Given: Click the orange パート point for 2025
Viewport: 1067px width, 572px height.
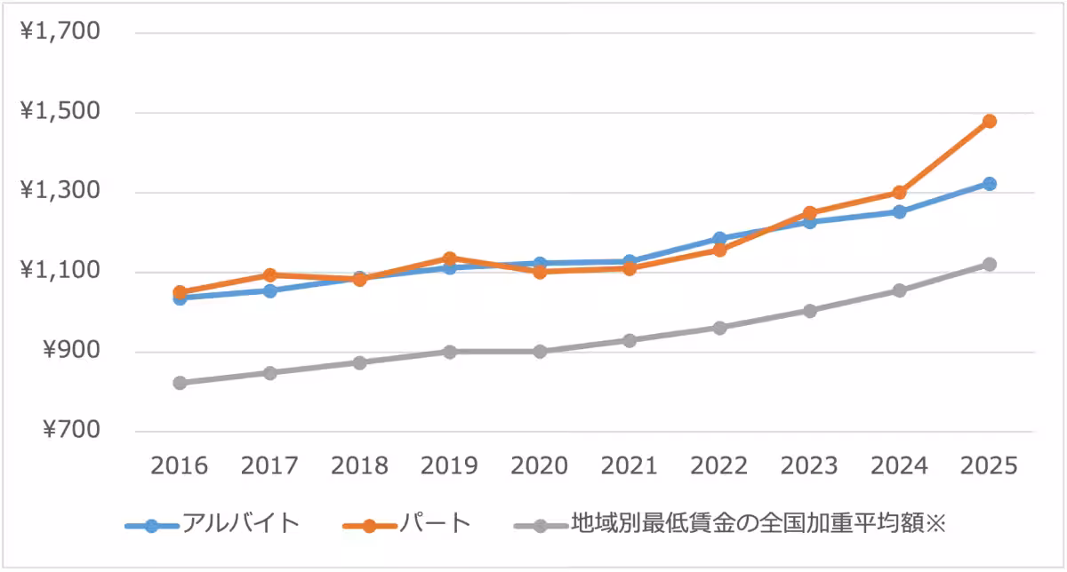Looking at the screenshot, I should tap(989, 121).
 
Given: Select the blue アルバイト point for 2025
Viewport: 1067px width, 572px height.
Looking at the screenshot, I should tap(989, 184).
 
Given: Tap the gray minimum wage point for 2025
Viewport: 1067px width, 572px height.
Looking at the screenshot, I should tap(989, 265).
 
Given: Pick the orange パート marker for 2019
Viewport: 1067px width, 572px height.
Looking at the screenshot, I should tap(450, 258).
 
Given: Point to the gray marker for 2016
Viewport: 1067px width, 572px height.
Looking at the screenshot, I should tap(180, 383).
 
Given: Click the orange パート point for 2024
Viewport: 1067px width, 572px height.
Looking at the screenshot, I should tap(899, 192).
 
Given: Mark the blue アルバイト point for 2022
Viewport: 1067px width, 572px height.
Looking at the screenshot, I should tap(719, 239).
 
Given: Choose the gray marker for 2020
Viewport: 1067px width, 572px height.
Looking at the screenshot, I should tap(540, 352).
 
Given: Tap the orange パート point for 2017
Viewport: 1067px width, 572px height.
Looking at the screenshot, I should tap(269, 275).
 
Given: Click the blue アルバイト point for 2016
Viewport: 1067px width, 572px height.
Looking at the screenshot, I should tap(180, 298).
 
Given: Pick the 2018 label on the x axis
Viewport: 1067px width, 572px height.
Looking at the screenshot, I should tap(359, 466).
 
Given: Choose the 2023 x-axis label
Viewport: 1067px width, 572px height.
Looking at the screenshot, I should tap(809, 466).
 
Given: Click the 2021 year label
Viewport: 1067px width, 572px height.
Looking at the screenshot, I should tap(630, 466).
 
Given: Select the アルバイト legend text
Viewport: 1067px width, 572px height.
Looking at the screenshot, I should tap(241, 523).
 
